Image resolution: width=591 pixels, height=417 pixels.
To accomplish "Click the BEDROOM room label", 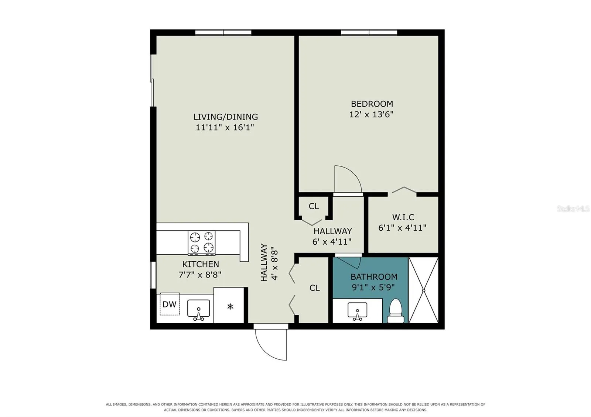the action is pos(372,104).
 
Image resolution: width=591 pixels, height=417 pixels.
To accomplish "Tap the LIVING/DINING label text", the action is pos(226,117).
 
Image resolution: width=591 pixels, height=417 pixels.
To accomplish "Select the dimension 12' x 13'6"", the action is pos(372,114).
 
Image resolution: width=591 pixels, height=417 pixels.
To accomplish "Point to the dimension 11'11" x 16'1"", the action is pos(225,128).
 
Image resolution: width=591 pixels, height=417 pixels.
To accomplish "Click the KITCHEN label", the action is pos(201,264).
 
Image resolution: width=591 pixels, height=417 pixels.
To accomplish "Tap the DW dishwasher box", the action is pos(170,304).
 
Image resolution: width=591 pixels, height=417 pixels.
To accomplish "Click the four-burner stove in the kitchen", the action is pos(202,243).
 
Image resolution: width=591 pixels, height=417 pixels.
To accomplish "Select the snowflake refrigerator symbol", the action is pos(230,307).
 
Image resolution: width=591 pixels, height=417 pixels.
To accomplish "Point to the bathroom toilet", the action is pos(396,310).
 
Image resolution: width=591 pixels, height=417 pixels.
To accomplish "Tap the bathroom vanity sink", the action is pos(358,311).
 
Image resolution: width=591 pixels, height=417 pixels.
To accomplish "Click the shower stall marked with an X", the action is pos(423,290).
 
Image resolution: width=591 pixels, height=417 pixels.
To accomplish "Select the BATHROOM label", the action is pos(374,277).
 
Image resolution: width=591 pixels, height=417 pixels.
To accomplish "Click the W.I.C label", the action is pos(403,217).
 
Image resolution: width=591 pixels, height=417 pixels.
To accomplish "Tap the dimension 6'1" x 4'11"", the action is pos(402,228).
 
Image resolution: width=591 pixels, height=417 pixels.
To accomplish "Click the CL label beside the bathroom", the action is pos(314,288).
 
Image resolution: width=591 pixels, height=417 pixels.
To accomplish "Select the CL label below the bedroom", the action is pos(314,206).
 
